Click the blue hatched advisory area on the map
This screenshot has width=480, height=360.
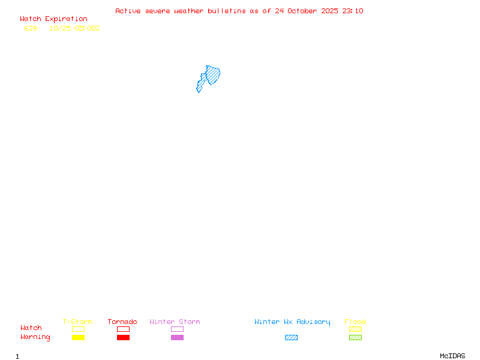(212, 76)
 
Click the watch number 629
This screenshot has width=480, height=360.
(31, 28)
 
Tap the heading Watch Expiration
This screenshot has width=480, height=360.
(53, 19)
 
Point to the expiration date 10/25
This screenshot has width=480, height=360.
(60, 28)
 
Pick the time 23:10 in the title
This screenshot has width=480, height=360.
(353, 11)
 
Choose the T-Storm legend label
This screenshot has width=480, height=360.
(77, 322)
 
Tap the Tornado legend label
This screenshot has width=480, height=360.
(122, 322)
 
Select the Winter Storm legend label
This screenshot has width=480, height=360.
(175, 322)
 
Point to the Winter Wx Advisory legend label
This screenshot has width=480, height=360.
(292, 322)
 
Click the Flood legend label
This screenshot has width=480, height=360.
(355, 322)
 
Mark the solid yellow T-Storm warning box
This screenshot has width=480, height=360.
(78, 338)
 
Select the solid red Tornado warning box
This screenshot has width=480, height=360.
(123, 338)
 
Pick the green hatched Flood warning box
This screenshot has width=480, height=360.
(355, 338)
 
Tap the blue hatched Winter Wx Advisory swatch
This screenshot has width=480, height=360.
(291, 338)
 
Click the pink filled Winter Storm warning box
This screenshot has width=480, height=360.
(177, 338)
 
